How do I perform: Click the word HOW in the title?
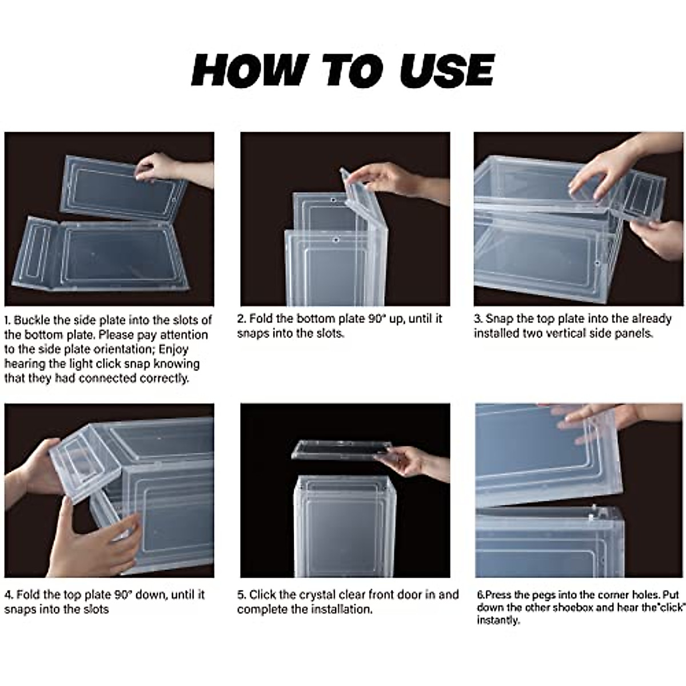click(250, 70)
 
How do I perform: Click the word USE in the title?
click(447, 70)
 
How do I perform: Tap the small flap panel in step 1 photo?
click(35, 253)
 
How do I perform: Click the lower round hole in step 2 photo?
click(336, 240)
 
